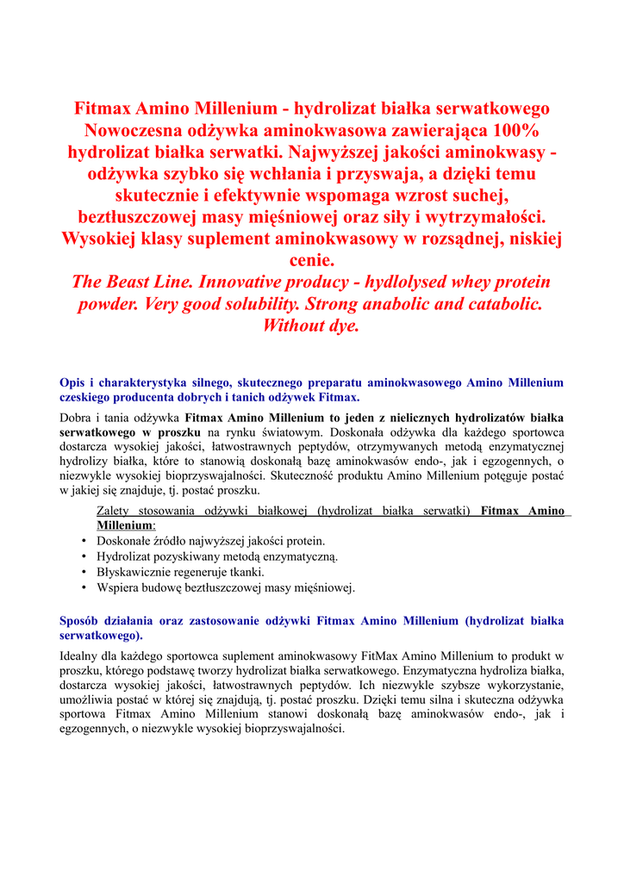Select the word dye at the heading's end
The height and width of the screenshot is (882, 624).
click(341, 326)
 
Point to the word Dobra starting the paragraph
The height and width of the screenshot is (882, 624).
click(76, 418)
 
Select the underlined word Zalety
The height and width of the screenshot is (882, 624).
click(115, 511)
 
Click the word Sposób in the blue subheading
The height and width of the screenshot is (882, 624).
click(82, 620)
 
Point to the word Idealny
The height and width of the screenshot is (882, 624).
click(81, 655)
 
